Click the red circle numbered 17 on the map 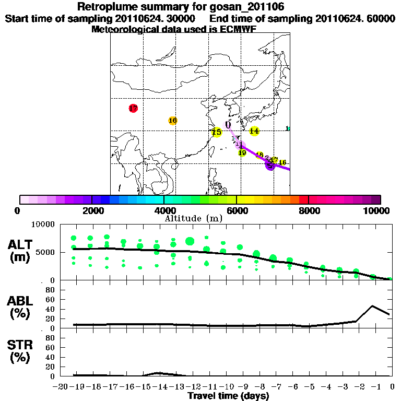click(133, 109)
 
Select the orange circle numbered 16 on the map click(173, 121)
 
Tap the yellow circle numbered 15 click(217, 132)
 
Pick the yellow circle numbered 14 click(254, 131)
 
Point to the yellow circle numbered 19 click(242, 153)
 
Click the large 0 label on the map click(228, 125)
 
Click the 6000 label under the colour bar click(237, 211)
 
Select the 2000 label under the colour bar click(92, 211)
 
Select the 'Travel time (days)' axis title click(228, 396)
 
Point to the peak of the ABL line click(372, 306)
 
